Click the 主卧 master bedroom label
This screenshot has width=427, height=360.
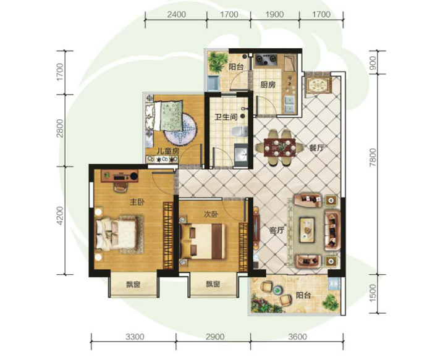click(137, 202)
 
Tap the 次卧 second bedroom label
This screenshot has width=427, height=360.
click(211, 214)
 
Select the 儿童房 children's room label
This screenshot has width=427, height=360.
click(167, 151)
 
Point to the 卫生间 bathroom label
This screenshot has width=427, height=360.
click(226, 117)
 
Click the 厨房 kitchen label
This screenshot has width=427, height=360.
click(268, 85)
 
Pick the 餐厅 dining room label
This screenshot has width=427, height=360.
click(316, 148)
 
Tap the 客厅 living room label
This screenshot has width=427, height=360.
click(277, 230)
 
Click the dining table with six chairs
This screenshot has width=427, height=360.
click(279, 148)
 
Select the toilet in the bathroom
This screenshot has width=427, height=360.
click(240, 132)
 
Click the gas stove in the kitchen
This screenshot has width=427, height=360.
click(266, 60)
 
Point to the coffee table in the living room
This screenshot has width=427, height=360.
click(308, 229)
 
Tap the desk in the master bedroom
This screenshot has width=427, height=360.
click(119, 176)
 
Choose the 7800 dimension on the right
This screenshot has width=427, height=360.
click(373, 157)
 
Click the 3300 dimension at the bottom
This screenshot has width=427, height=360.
click(135, 337)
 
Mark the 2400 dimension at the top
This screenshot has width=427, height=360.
click(177, 14)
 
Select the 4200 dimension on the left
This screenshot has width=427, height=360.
click(60, 216)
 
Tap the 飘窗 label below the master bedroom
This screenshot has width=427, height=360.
click(133, 285)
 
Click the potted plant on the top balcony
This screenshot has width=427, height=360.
click(218, 62)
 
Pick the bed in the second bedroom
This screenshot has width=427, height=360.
click(203, 241)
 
